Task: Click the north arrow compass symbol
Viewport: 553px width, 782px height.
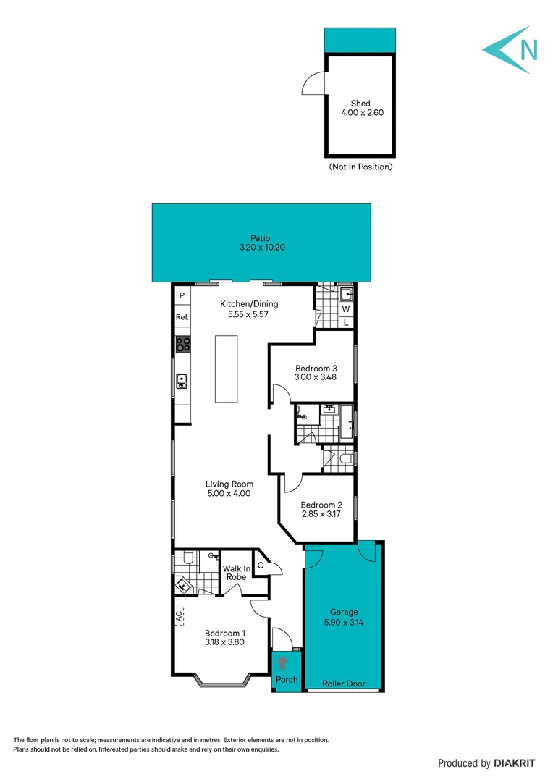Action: (511, 50)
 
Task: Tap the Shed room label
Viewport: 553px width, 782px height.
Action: (360, 104)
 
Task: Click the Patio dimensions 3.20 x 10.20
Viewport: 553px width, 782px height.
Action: (261, 248)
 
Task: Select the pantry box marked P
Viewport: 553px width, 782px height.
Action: (182, 295)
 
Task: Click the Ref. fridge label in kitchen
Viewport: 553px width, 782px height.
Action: (182, 317)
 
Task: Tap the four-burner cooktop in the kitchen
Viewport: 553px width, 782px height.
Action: (182, 345)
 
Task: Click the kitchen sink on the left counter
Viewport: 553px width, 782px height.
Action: (182, 379)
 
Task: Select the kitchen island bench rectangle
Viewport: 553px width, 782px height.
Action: (229, 369)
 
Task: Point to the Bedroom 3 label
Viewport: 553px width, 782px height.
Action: (316, 368)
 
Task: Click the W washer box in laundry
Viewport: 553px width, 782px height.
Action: (346, 309)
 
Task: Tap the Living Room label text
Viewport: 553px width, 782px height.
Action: (228, 484)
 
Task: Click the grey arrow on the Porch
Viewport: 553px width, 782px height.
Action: (282, 664)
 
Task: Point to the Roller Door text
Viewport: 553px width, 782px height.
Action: (345, 684)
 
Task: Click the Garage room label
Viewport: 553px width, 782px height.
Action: (344, 612)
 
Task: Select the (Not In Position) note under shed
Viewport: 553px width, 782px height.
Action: (360, 167)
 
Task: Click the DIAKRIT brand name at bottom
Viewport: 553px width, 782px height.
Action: (515, 762)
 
